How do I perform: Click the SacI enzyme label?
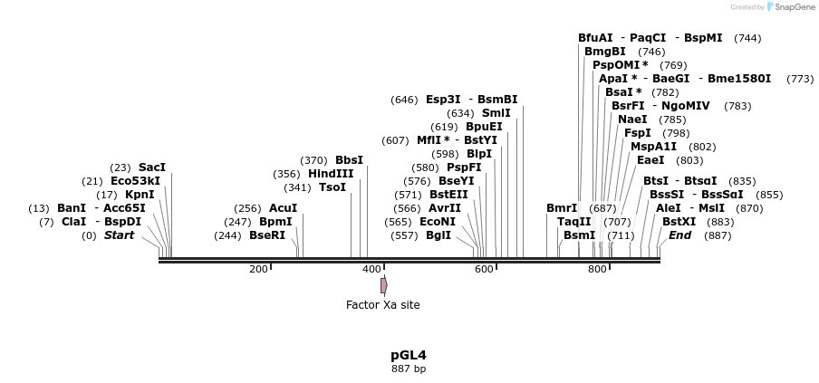tap(152, 168)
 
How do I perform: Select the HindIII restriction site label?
tap(331, 174)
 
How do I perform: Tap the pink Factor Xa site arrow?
tap(384, 285)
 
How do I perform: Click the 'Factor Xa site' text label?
tap(383, 305)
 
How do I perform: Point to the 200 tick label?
tap(258, 269)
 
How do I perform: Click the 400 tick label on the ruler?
tap(371, 269)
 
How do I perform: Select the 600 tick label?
tap(484, 269)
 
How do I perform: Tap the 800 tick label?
tap(597, 269)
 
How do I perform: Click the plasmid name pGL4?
tap(409, 355)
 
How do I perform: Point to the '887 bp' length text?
tap(409, 369)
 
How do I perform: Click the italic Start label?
tap(119, 235)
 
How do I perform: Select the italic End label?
tap(679, 235)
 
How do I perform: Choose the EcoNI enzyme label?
tap(438, 222)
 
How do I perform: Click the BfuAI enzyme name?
tap(595, 38)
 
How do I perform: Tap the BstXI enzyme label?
tap(679, 222)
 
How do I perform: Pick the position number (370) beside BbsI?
tap(313, 160)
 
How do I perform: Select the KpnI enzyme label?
tap(140, 195)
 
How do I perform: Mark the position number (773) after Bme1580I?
tap(800, 79)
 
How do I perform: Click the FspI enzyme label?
tap(637, 133)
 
